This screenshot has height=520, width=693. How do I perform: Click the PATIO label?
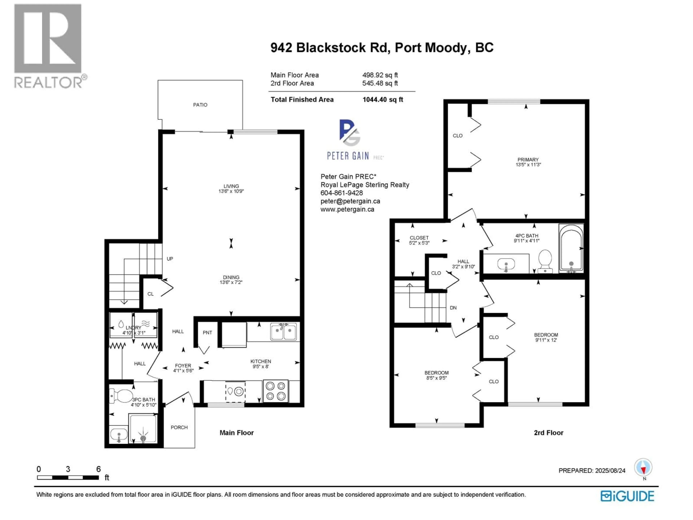pos(200,105)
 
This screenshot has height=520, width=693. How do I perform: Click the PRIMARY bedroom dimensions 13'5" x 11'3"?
pos(528,164)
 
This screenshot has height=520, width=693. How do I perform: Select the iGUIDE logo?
pos(627,496)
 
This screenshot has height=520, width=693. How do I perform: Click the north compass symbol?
pos(643,468)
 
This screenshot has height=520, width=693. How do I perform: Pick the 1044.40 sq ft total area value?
pos(383,100)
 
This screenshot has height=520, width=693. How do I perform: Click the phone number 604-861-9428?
pos(341,193)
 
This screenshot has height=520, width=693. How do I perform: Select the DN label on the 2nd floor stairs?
pos(453,308)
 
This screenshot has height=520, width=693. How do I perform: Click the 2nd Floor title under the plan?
pos(548,433)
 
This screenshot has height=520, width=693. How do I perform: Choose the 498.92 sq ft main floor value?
pos(380,75)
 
